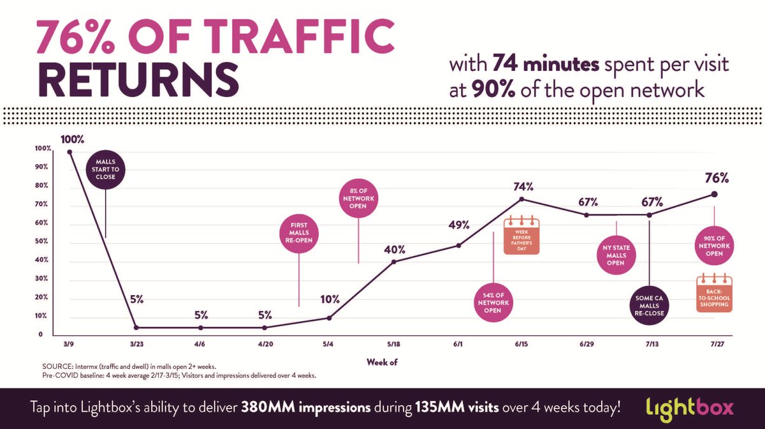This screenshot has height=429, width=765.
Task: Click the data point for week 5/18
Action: (393, 261)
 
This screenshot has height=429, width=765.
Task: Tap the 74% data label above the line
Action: (523, 187)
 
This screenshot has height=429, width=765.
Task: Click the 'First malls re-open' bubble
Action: (299, 234)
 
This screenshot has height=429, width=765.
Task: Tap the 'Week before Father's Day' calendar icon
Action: (521, 237)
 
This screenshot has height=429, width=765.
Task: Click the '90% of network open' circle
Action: (714, 244)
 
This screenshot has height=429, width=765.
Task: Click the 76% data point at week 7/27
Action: (714, 194)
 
